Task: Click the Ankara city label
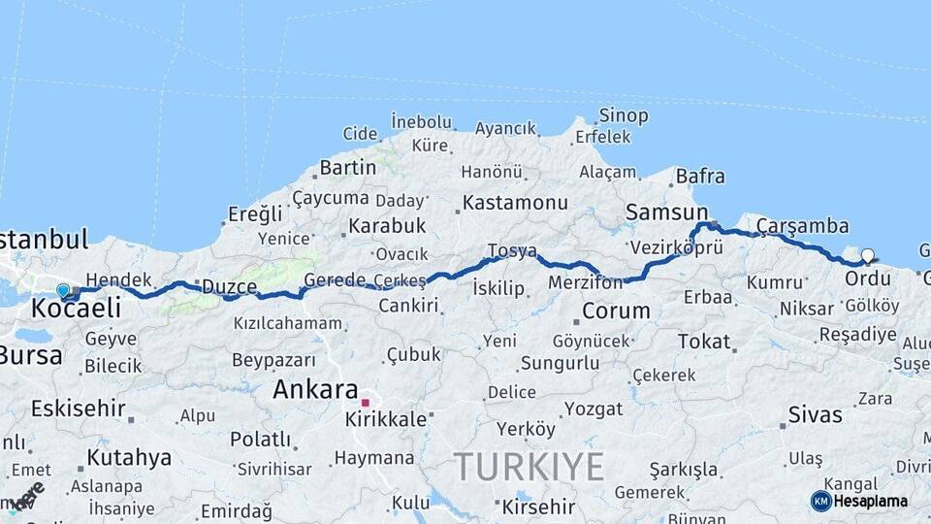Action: (315, 390)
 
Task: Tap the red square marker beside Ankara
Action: (366, 402)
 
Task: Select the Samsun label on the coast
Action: (667, 213)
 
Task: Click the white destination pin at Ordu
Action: (867, 256)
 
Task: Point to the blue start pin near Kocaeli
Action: (63, 289)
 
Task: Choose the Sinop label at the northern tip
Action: (623, 115)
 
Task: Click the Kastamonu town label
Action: (515, 203)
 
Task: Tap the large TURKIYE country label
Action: (530, 467)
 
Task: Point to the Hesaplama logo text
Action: (871, 502)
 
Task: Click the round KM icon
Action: (820, 501)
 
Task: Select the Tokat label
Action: (704, 341)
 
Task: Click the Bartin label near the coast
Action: (347, 167)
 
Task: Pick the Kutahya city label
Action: (129, 457)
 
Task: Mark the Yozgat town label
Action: (593, 409)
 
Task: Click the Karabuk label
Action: (387, 226)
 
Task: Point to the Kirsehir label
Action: (536, 507)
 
